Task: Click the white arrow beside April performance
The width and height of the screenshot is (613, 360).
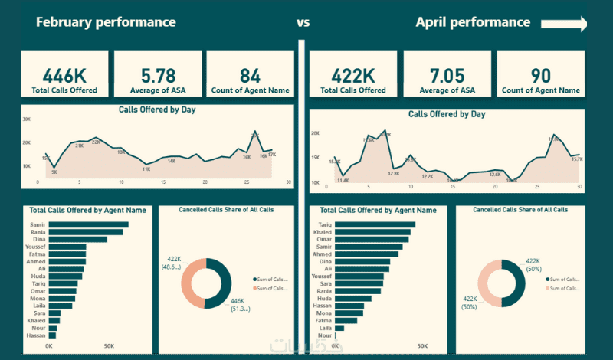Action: click(564, 25)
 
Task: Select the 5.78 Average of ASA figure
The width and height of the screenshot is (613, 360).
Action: click(159, 76)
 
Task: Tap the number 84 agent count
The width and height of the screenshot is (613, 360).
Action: click(250, 76)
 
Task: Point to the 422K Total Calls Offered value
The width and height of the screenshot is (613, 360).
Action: click(352, 75)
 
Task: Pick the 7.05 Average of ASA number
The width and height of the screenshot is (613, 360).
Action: click(447, 75)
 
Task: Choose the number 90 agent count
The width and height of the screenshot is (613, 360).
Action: click(540, 75)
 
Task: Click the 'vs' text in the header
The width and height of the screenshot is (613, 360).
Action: click(303, 22)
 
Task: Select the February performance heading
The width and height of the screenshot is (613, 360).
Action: click(106, 21)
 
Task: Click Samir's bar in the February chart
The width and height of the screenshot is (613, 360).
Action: click(88, 224)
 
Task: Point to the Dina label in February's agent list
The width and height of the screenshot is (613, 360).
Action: click(38, 239)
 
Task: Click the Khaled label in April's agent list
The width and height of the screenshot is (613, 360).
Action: click(323, 232)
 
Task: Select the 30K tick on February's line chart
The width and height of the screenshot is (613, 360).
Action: click(26, 119)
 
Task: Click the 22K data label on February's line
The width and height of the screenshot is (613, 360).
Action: click(96, 142)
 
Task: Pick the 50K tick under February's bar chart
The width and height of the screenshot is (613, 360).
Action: click(110, 345)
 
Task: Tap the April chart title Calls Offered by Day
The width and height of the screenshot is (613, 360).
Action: click(447, 114)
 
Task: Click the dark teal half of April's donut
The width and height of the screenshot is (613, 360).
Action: click(514, 284)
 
